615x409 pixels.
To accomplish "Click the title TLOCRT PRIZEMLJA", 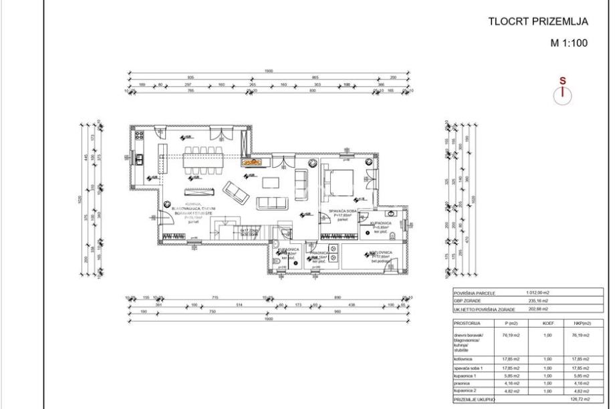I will pyautogui.click(x=539, y=21).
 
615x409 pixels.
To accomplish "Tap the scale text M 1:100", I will pyautogui.click(x=568, y=43).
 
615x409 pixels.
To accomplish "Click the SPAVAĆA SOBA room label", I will pyautogui.click(x=345, y=211).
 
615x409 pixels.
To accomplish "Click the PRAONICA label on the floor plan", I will pyautogui.click(x=318, y=253).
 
